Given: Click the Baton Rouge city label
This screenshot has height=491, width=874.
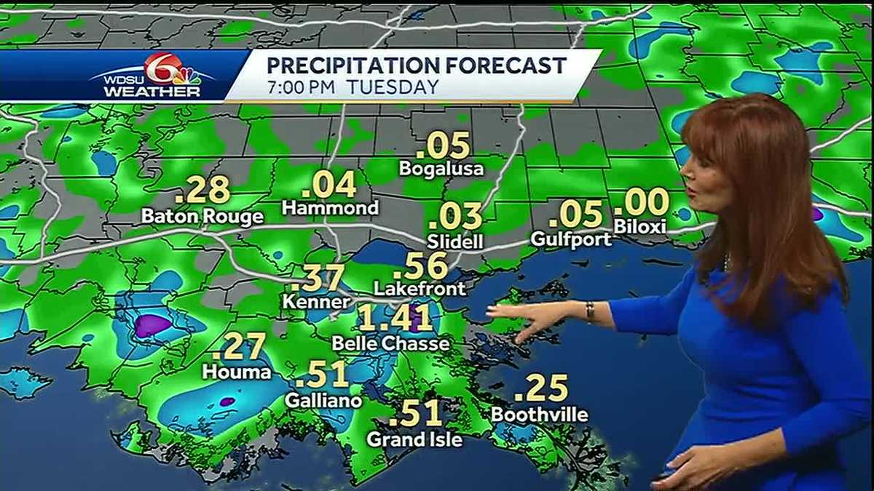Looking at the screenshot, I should tap(202, 217).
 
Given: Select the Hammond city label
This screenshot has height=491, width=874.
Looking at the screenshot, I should tap(330, 208).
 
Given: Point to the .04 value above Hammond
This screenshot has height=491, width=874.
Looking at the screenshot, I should tap(329, 184).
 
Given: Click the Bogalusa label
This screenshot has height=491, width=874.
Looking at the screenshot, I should tap(442, 169).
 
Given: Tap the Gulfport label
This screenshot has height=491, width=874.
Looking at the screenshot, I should tap(570, 239).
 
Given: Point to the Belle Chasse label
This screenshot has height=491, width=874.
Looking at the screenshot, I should tap(390, 343).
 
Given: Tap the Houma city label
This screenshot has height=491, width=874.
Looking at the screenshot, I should tap(237, 372).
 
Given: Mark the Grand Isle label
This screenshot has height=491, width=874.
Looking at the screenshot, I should tap(414, 439).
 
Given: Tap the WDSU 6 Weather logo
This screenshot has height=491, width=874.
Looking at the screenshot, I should tap(154, 76).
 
